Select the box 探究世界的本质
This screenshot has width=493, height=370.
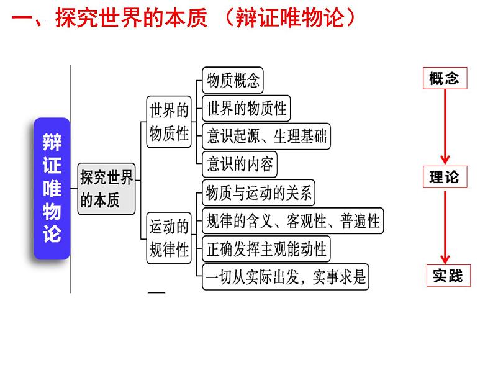pos(107,189)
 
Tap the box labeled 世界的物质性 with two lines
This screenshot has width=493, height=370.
pos(169,122)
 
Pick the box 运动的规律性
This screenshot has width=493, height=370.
pos(169,238)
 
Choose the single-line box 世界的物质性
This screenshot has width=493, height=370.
pos(246,108)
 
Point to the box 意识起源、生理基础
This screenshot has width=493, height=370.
pos(266,136)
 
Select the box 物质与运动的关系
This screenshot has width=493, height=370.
pos(260,192)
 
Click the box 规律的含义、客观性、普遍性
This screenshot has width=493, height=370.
pos(292,220)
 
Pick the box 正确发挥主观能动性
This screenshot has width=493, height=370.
pos(266,249)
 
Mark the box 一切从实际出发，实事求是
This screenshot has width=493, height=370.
pos(286,277)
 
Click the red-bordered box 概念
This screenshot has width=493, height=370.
pos(444,79)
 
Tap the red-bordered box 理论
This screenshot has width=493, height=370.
pos(444,178)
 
